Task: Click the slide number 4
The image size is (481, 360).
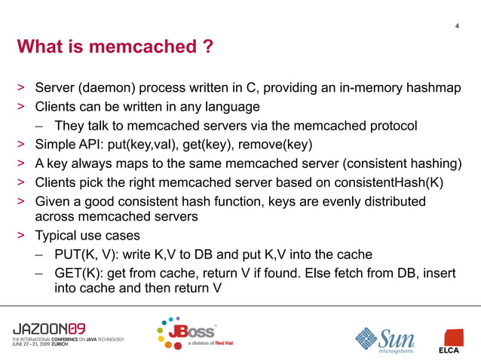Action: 458,28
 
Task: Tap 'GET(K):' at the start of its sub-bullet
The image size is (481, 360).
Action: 78,272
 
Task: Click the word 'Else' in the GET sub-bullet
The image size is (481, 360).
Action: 314,272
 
